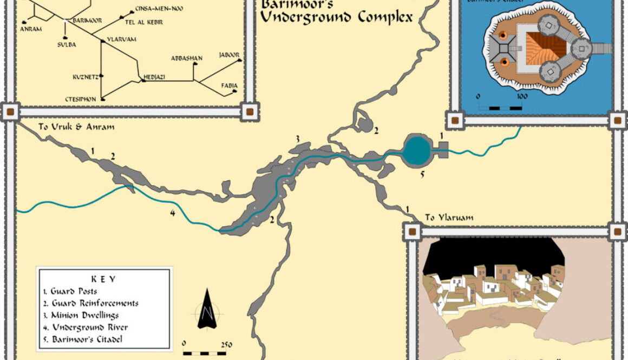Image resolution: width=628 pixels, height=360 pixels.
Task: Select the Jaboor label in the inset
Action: (229, 55)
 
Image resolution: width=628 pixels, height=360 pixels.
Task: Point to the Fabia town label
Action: (229, 86)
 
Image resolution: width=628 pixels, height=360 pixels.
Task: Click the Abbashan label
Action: (186, 58)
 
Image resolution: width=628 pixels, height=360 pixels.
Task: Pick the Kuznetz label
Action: (85, 77)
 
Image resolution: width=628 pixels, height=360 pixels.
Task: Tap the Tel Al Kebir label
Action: (143, 22)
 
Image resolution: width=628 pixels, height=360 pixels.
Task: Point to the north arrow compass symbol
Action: (206, 310)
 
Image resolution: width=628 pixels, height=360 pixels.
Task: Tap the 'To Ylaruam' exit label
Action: (449, 218)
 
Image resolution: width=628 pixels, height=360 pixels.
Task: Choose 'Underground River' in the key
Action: (89, 328)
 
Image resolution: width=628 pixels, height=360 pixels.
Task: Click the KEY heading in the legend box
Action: (103, 279)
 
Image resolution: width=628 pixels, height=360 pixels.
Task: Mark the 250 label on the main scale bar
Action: (226, 344)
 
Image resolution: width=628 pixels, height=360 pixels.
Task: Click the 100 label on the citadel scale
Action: (521, 96)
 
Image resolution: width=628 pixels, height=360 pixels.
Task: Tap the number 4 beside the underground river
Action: (172, 213)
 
